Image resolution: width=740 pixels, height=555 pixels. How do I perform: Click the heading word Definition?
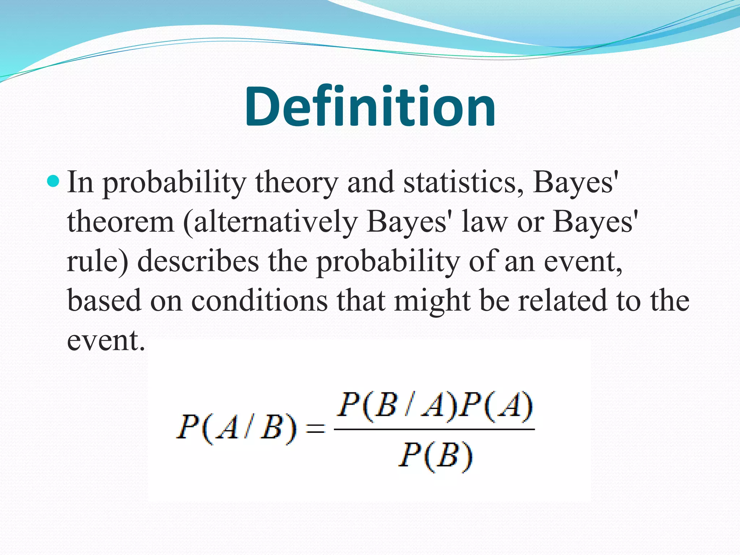point(370,107)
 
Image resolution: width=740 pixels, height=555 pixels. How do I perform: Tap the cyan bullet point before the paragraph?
point(53,181)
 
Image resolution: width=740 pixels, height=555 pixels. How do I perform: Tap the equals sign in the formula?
point(315,429)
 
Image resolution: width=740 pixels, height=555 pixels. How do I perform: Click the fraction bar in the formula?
point(434,429)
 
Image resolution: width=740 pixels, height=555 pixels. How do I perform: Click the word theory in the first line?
point(296,183)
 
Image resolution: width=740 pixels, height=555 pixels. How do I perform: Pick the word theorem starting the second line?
point(121,222)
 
